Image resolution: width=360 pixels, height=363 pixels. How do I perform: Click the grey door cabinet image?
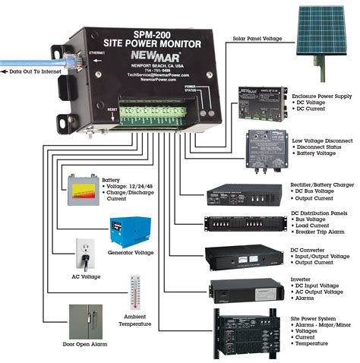pos(85,321)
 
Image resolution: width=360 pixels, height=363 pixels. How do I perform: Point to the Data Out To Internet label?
pos(39,73)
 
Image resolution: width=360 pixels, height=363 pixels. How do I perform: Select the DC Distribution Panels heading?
pos(320,214)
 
